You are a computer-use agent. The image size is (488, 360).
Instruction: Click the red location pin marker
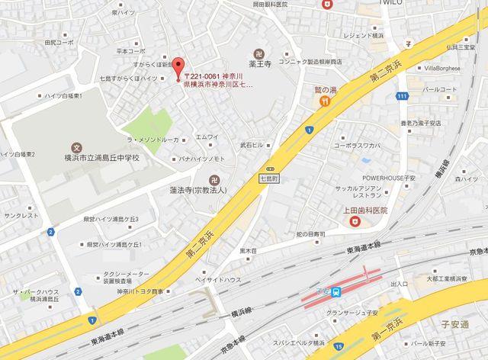coord(177,67)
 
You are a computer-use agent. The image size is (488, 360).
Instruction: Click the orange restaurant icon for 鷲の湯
coord(325,100)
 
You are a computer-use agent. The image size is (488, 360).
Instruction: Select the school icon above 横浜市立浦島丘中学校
coord(75,146)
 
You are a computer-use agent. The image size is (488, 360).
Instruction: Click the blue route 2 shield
coord(50,231)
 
